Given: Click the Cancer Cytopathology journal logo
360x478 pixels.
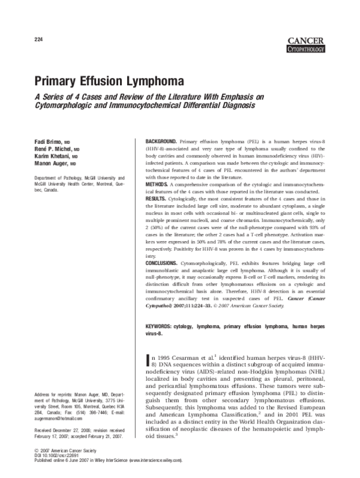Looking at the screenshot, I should pyautogui.click(x=306, y=45).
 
